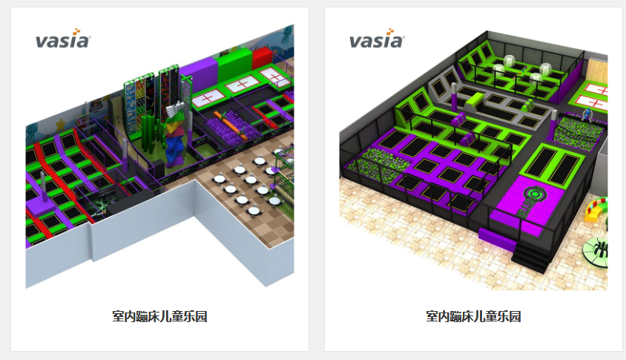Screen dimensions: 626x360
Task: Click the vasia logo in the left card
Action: tap(63, 39)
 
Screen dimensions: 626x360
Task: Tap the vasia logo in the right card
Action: tap(377, 39)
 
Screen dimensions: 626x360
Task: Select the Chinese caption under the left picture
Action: tap(159, 316)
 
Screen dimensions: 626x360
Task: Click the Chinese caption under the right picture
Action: tap(473, 316)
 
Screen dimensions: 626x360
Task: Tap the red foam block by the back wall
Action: tap(263, 57)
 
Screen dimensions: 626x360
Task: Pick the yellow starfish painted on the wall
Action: tap(60, 125)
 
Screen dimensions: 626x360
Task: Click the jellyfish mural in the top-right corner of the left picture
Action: tap(288, 35)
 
